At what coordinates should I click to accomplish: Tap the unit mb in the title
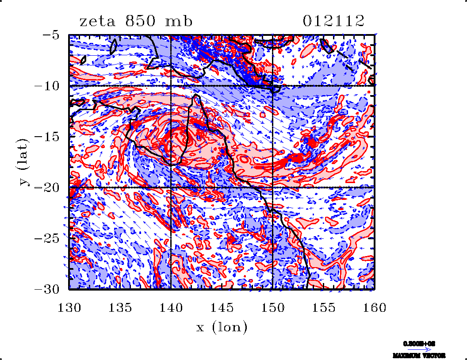point(179,21)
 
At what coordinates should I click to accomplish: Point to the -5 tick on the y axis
point(54,35)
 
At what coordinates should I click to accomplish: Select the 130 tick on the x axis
point(69,307)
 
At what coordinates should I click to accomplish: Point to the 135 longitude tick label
point(120,307)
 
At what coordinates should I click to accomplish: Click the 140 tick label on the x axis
point(171,307)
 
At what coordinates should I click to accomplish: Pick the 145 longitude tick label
point(222,307)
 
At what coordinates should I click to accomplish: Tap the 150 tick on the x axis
point(272,307)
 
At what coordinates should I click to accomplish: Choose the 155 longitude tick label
point(323,307)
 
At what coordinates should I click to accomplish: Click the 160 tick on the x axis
point(374,307)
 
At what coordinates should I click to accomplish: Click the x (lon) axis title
point(222,328)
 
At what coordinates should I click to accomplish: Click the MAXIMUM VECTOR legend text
point(418,355)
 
